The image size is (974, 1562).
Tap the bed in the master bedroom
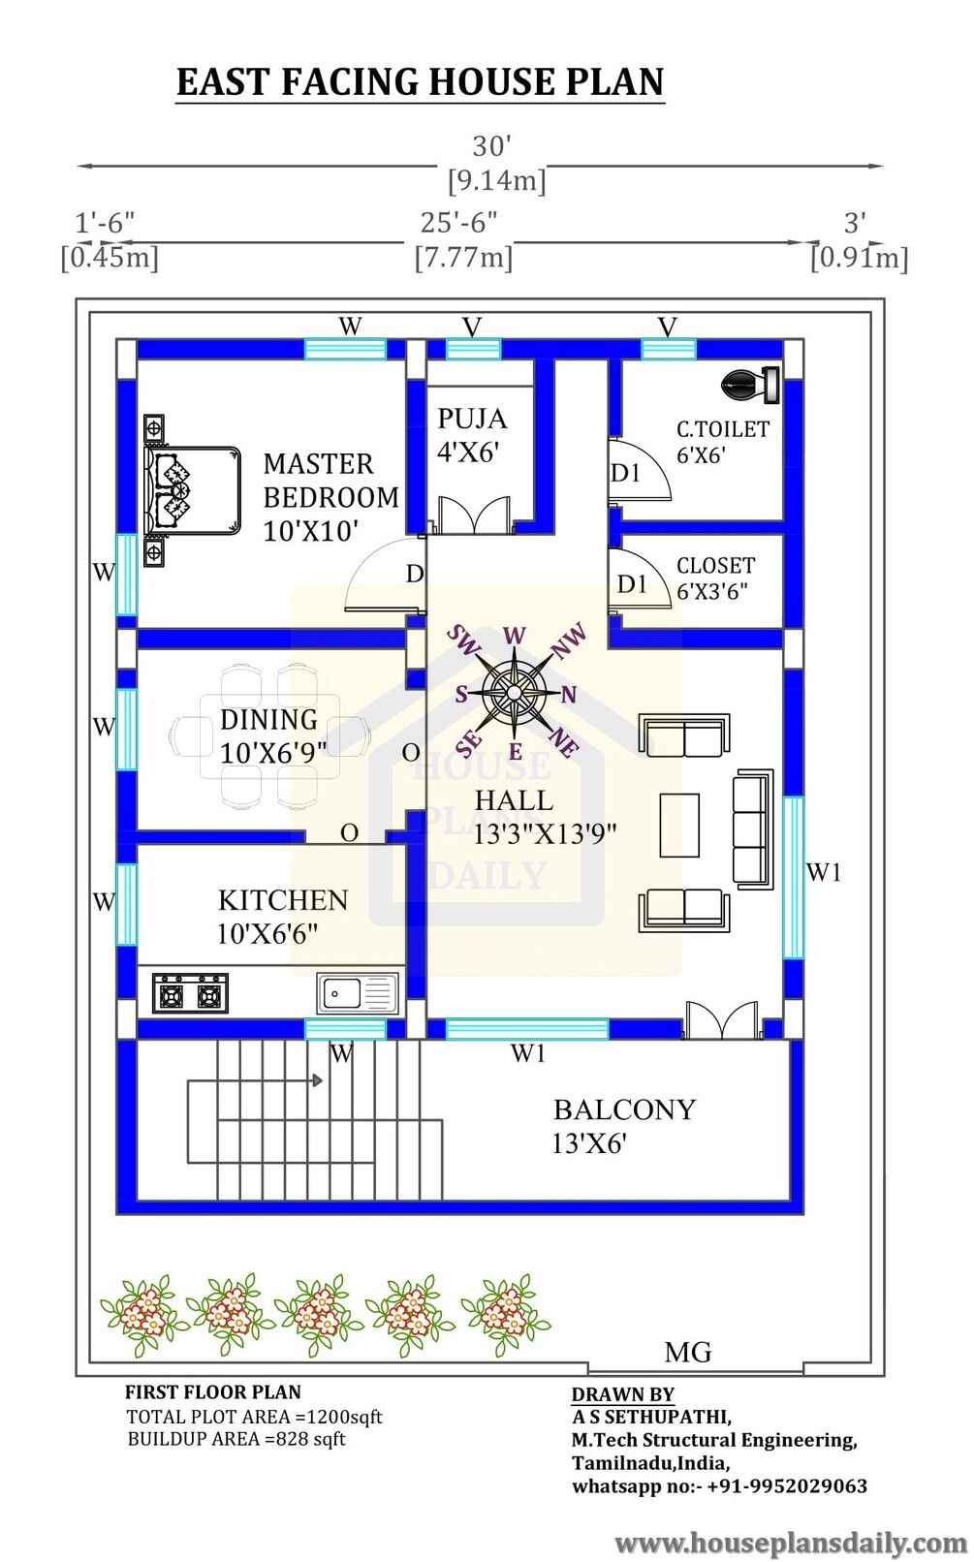192,491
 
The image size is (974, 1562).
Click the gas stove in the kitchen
190,993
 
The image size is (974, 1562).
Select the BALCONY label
625,1109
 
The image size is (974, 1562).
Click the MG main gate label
688,1353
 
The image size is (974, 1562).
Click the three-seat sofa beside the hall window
753,828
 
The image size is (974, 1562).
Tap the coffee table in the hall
679,825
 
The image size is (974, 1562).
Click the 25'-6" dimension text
458,223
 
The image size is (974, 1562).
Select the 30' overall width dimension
492,146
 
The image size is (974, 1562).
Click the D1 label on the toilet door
625,474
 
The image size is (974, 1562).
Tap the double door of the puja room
473,515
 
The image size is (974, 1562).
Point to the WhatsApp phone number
787,1486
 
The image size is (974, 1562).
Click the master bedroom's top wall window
345,349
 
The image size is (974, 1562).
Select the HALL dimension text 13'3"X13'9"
545,834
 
